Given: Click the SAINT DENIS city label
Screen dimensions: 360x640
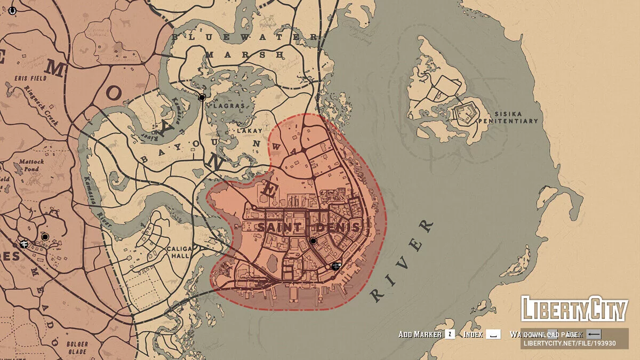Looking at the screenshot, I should (309, 227).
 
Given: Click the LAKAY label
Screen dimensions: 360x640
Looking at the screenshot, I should (251, 130).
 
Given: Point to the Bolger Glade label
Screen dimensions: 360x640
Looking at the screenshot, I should (77, 348).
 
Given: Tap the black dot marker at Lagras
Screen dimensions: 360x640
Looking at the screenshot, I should (202, 98).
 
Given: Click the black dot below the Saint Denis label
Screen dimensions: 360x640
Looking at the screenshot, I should (314, 241).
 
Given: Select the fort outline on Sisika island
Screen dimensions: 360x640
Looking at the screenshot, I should (464, 114).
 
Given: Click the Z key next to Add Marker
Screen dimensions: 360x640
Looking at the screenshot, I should (450, 334).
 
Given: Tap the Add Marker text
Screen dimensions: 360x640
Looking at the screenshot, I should (420, 334).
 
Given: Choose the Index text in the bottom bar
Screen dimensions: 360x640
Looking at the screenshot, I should (473, 334).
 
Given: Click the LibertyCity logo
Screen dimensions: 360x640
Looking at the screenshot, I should (574, 309).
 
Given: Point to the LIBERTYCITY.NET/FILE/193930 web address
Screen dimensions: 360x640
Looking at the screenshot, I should (570, 343).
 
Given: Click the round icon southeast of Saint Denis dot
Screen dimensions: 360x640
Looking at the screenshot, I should (335, 266).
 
